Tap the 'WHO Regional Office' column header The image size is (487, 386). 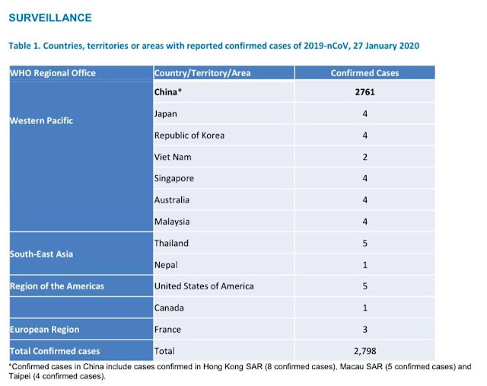pyautogui.click(x=53, y=73)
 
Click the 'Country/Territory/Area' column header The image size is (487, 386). pyautogui.click(x=202, y=73)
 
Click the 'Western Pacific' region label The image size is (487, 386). pyautogui.click(x=42, y=121)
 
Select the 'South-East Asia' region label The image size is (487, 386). pyautogui.click(x=41, y=254)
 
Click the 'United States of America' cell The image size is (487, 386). pyautogui.click(x=204, y=286)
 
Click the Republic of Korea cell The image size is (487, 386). pyautogui.click(x=189, y=136)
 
